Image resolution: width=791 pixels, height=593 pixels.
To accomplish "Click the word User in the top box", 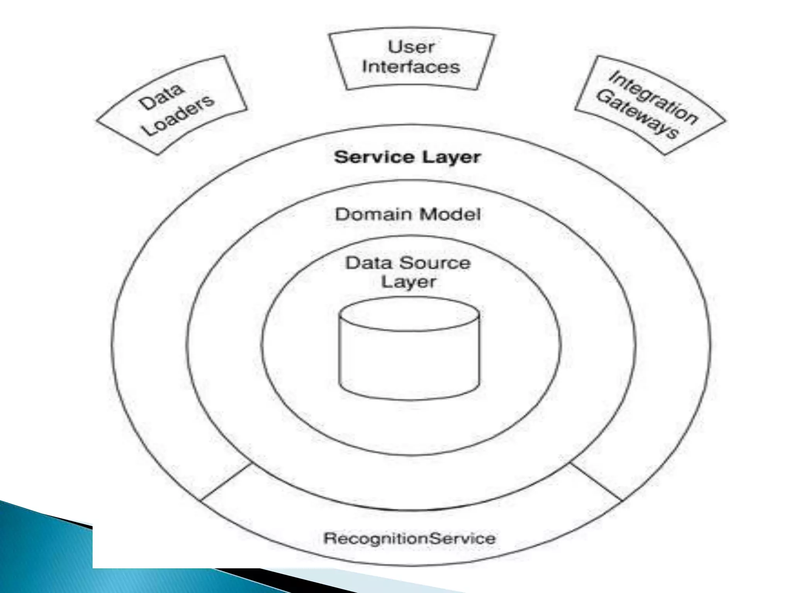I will pos(411,47).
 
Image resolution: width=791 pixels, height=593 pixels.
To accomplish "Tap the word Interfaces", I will pos(411,67).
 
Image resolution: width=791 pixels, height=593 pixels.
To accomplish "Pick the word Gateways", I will pos(637,114).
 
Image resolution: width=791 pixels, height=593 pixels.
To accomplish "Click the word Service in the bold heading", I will pos(374,157).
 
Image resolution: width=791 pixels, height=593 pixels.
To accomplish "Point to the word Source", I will pos(435,263).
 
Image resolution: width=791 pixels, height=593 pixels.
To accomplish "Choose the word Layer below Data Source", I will pos(408,281).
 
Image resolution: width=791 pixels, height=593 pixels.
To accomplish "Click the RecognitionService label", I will pos(409,538).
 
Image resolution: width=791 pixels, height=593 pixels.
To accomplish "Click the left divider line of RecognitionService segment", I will pos(226,482).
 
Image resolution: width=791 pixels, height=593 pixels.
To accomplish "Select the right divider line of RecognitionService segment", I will pos(596,482).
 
